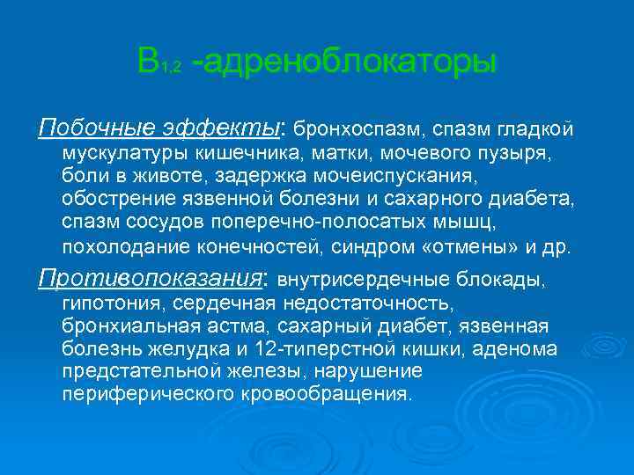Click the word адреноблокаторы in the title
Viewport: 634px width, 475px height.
click(350, 62)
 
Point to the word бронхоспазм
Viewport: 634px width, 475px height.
click(357, 130)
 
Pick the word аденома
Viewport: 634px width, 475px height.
click(514, 348)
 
